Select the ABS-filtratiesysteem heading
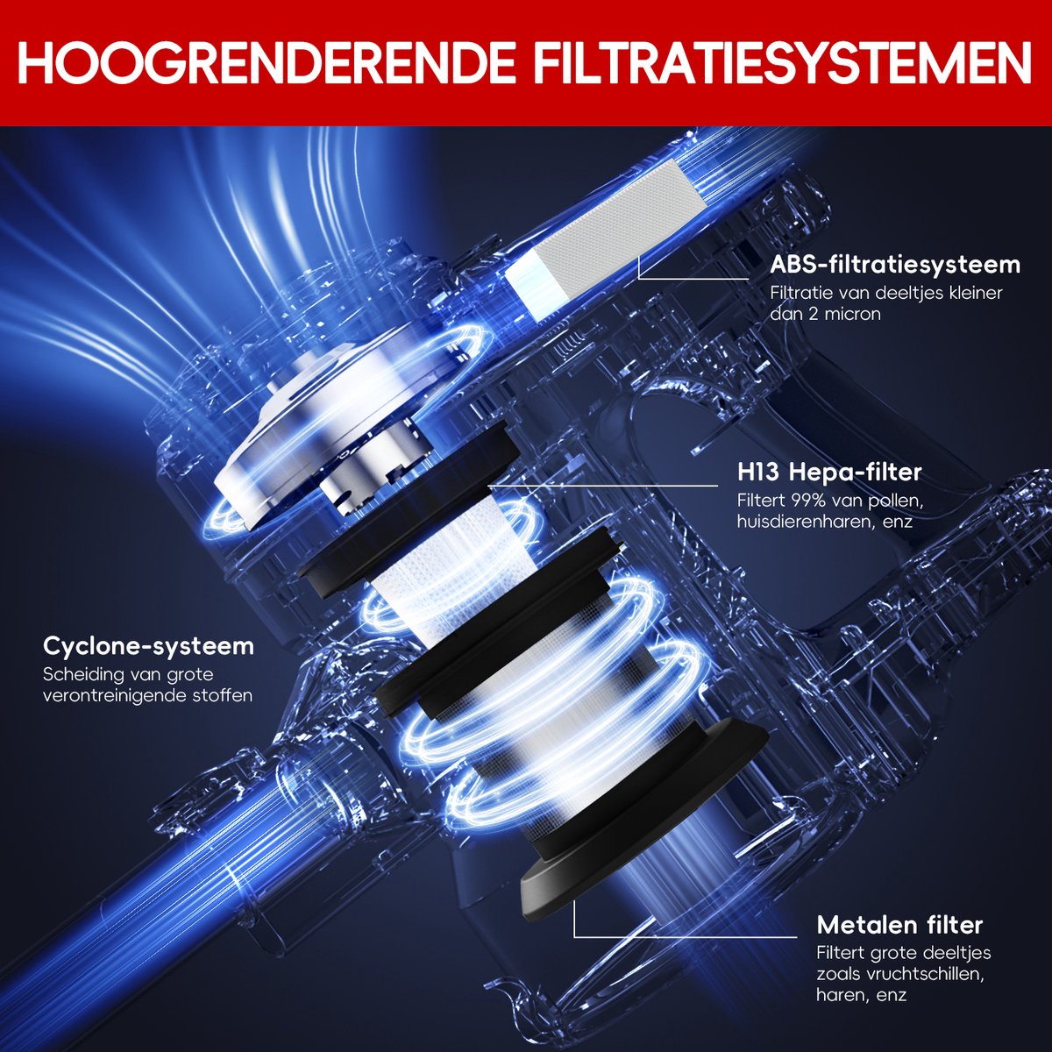click(895, 264)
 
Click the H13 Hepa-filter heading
click(828, 473)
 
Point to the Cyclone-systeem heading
click(148, 647)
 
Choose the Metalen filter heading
click(899, 925)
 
